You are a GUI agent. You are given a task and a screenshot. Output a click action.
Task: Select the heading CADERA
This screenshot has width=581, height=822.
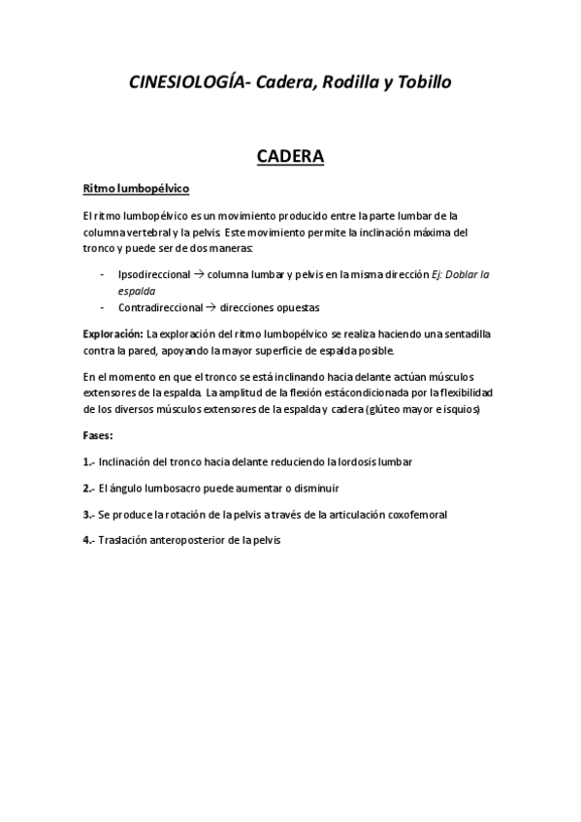(290, 155)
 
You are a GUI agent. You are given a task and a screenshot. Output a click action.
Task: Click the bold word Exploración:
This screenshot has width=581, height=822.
(113, 333)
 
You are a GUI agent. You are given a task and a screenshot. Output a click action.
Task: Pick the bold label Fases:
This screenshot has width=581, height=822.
(98, 435)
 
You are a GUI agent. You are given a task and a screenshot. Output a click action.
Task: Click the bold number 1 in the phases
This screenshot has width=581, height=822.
(87, 461)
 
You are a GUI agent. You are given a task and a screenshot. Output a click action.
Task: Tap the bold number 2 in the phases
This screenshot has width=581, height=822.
(87, 488)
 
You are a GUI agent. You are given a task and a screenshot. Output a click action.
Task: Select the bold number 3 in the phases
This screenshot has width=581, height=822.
(87, 514)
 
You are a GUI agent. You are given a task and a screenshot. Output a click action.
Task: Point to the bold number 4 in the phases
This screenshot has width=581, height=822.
(87, 540)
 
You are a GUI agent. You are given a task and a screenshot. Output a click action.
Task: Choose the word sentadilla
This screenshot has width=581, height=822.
(463, 333)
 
